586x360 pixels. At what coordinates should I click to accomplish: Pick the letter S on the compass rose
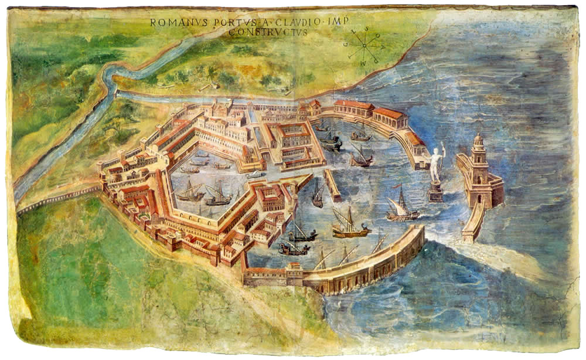click(367, 29)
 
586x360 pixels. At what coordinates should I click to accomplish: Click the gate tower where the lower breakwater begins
click(294, 272)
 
